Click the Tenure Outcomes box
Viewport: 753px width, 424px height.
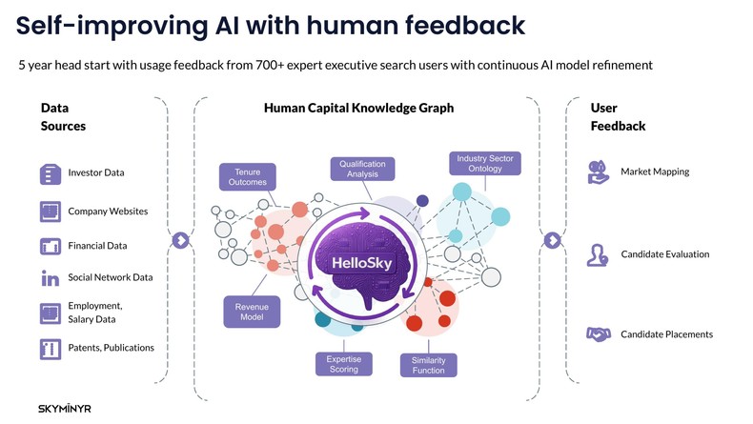[248, 177]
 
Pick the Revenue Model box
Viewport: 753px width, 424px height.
[252, 313]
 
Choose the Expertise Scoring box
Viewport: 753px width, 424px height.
[343, 364]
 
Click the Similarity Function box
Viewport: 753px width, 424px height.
[429, 365]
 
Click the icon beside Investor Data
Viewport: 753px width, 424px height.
[51, 173]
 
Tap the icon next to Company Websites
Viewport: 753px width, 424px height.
[51, 211]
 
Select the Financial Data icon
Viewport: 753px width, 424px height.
[51, 246]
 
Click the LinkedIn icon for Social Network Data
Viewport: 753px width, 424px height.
[51, 278]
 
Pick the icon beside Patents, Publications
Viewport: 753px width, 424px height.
[51, 348]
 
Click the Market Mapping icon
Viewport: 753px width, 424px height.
[598, 172]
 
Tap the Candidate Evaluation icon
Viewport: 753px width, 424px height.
[598, 254]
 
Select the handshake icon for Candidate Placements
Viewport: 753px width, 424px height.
[598, 334]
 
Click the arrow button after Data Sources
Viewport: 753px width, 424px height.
[179, 240]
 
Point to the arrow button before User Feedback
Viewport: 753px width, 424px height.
[550, 240]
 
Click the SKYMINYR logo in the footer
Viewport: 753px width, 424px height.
[65, 408]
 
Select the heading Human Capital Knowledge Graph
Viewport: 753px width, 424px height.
[358, 109]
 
